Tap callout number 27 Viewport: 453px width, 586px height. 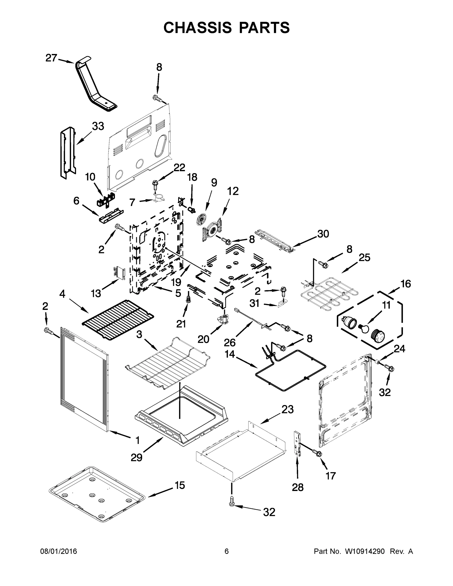[51, 58]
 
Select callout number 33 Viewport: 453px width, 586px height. [98, 126]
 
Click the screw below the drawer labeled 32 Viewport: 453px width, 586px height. [231, 505]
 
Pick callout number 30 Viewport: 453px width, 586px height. [323, 234]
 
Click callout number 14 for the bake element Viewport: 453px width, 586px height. [230, 354]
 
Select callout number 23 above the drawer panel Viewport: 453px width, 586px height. [287, 409]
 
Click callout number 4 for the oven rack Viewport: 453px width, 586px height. [62, 294]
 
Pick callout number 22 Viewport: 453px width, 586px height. [179, 168]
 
